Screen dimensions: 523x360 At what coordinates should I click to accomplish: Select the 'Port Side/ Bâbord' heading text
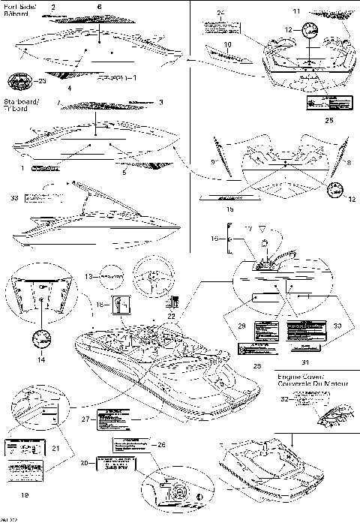coord(22,11)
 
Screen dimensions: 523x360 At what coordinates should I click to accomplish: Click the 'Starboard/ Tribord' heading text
coord(22,104)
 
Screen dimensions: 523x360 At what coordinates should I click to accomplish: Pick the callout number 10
coord(227,47)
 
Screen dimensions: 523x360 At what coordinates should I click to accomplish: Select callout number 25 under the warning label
coord(328,120)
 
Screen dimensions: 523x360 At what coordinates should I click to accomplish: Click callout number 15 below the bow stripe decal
coord(230,209)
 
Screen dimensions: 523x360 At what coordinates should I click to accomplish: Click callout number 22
coord(171,318)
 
